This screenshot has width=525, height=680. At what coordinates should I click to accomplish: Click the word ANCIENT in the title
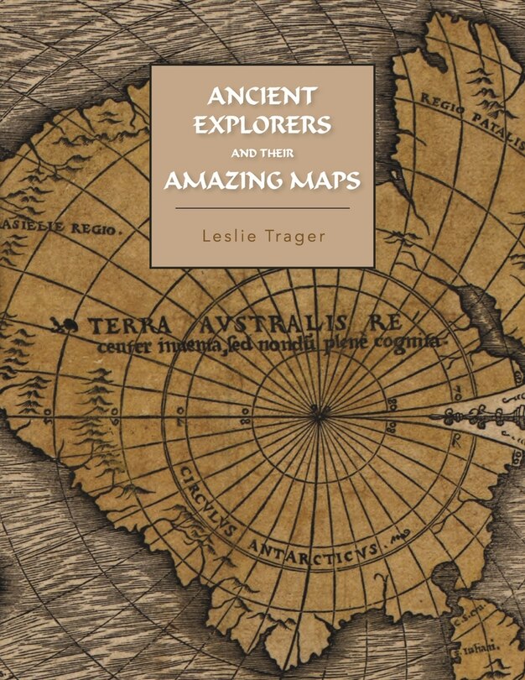coord(262,94)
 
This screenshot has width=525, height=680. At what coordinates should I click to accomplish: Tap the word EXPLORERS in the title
coord(262,124)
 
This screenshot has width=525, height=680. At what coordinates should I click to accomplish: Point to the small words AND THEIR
coord(262,154)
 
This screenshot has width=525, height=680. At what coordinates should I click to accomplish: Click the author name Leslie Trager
coord(262,236)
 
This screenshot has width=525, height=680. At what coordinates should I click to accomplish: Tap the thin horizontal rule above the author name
coord(262,207)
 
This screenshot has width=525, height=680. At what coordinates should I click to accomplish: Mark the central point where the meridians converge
coord(317,411)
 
